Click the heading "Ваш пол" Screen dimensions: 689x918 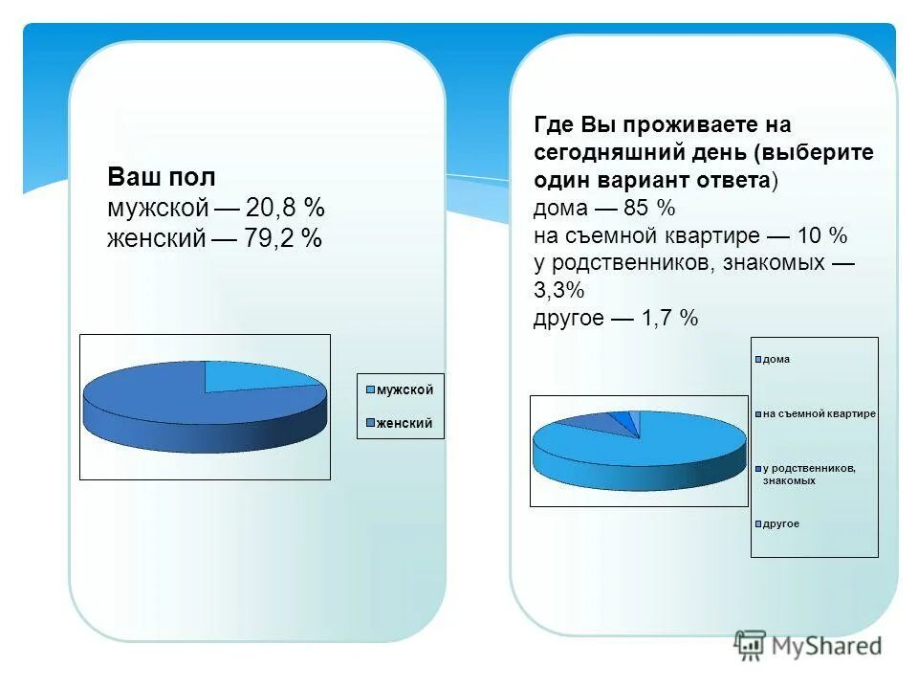tap(162, 177)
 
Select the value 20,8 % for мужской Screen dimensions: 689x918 tap(285, 208)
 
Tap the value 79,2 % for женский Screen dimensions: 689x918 tap(282, 238)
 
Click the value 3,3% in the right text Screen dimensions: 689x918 tap(558, 290)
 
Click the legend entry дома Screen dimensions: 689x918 tap(776, 360)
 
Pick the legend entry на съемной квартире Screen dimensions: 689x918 tap(819, 413)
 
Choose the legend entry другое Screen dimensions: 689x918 tap(780, 524)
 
